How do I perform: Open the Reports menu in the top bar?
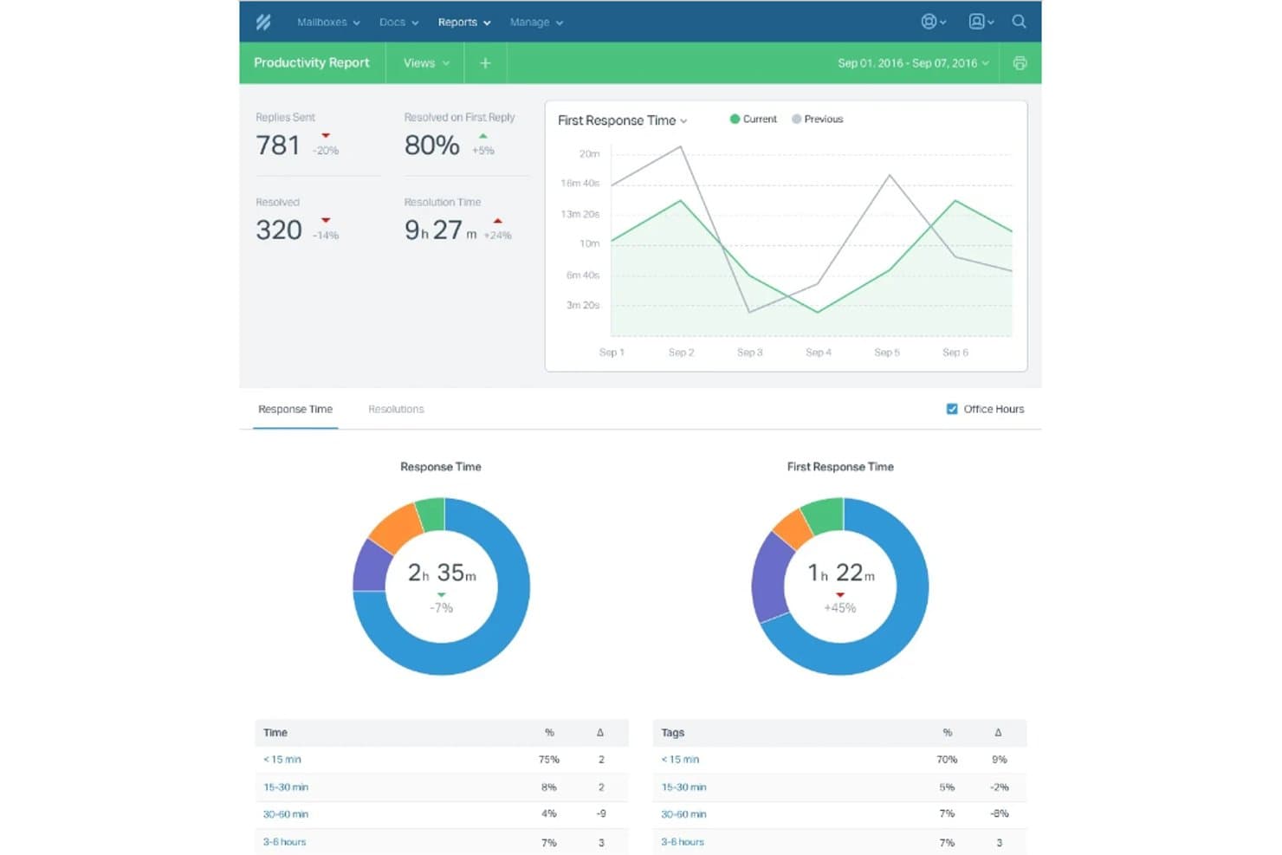coord(464,23)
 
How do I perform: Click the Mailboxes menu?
coord(328,23)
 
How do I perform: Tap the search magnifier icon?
coord(1019,22)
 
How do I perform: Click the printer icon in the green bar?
coord(1020,63)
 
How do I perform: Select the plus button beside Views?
coord(485,63)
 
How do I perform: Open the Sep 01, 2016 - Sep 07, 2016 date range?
coord(913,63)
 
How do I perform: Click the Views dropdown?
coord(426,63)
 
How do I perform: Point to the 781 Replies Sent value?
coord(278,145)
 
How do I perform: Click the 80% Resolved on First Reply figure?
coord(431,145)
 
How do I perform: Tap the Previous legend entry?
coord(818,119)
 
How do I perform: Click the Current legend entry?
coord(754,119)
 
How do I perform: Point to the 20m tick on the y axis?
coord(590,153)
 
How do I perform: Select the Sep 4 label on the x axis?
coord(819,352)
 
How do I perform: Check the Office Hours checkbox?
coord(952,409)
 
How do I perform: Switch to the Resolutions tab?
coord(396,409)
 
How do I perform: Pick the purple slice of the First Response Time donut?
coord(771,578)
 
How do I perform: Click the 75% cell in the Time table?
coord(549,760)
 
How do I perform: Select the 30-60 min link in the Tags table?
coord(684,813)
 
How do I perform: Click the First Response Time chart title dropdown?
coord(623,120)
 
